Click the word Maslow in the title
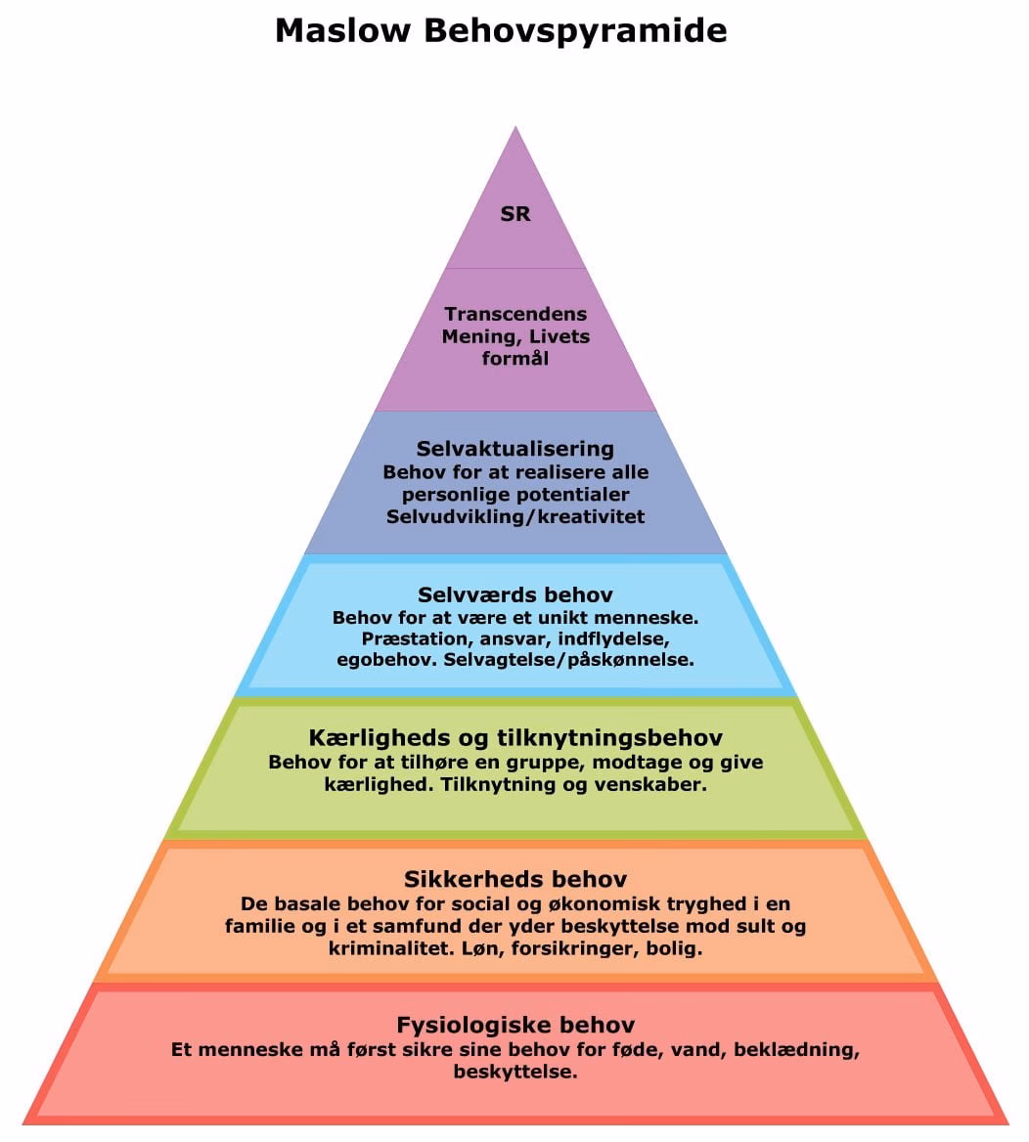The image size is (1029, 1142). click(342, 30)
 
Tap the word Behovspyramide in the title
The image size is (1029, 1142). click(575, 31)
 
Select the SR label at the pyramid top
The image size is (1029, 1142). click(515, 213)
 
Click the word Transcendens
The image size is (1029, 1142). click(515, 314)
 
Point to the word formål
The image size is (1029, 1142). click(515, 358)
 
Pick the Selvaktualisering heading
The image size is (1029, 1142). click(515, 449)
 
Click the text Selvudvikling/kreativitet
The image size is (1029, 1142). click(515, 516)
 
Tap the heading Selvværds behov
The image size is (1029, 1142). click(515, 594)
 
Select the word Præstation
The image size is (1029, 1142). click(403, 638)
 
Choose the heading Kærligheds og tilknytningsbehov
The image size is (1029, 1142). click(515, 737)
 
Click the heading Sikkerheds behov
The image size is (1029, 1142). click(515, 879)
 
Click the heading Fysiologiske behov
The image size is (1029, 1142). click(515, 1025)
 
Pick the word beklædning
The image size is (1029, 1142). click(799, 1050)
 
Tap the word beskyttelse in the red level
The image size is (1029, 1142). click(515, 1072)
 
